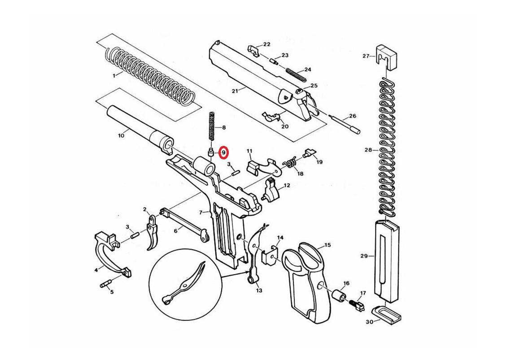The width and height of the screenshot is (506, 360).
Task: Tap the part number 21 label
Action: point(235,91)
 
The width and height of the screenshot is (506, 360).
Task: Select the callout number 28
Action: point(368,150)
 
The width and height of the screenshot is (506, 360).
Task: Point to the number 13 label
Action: point(259,290)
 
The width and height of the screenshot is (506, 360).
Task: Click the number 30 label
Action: point(370,322)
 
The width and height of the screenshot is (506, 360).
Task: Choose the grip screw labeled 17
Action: point(357,303)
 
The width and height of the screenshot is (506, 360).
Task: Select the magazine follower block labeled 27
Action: point(386,57)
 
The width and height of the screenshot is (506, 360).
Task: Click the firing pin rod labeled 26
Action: point(345,123)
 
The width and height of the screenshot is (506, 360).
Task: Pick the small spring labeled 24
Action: point(295,74)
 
